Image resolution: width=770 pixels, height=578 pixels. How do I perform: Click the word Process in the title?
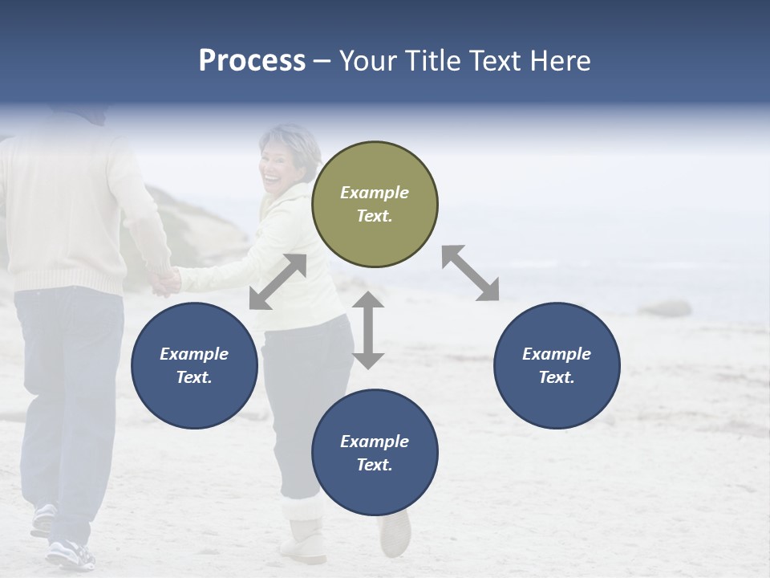point(252,61)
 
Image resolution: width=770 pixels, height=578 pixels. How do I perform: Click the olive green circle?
point(375,204)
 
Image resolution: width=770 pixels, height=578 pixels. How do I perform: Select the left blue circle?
point(194,365)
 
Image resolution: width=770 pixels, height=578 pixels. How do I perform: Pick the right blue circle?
point(557,365)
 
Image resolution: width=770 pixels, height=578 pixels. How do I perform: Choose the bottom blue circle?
point(375,453)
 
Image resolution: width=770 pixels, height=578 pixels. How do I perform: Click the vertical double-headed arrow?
point(368,330)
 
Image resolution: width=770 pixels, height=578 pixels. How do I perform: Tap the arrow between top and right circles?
point(470,273)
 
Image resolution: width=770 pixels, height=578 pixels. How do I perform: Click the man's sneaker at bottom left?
point(69,553)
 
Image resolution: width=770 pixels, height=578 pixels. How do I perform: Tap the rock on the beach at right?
point(665,308)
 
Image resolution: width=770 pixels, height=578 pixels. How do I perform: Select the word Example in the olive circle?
point(375,193)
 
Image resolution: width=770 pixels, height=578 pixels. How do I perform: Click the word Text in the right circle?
point(557,377)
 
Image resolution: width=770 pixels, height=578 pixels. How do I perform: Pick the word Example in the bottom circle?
point(375,442)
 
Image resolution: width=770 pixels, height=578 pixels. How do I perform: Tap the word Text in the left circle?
point(194,377)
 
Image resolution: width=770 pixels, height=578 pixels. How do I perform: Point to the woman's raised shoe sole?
point(395,533)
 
